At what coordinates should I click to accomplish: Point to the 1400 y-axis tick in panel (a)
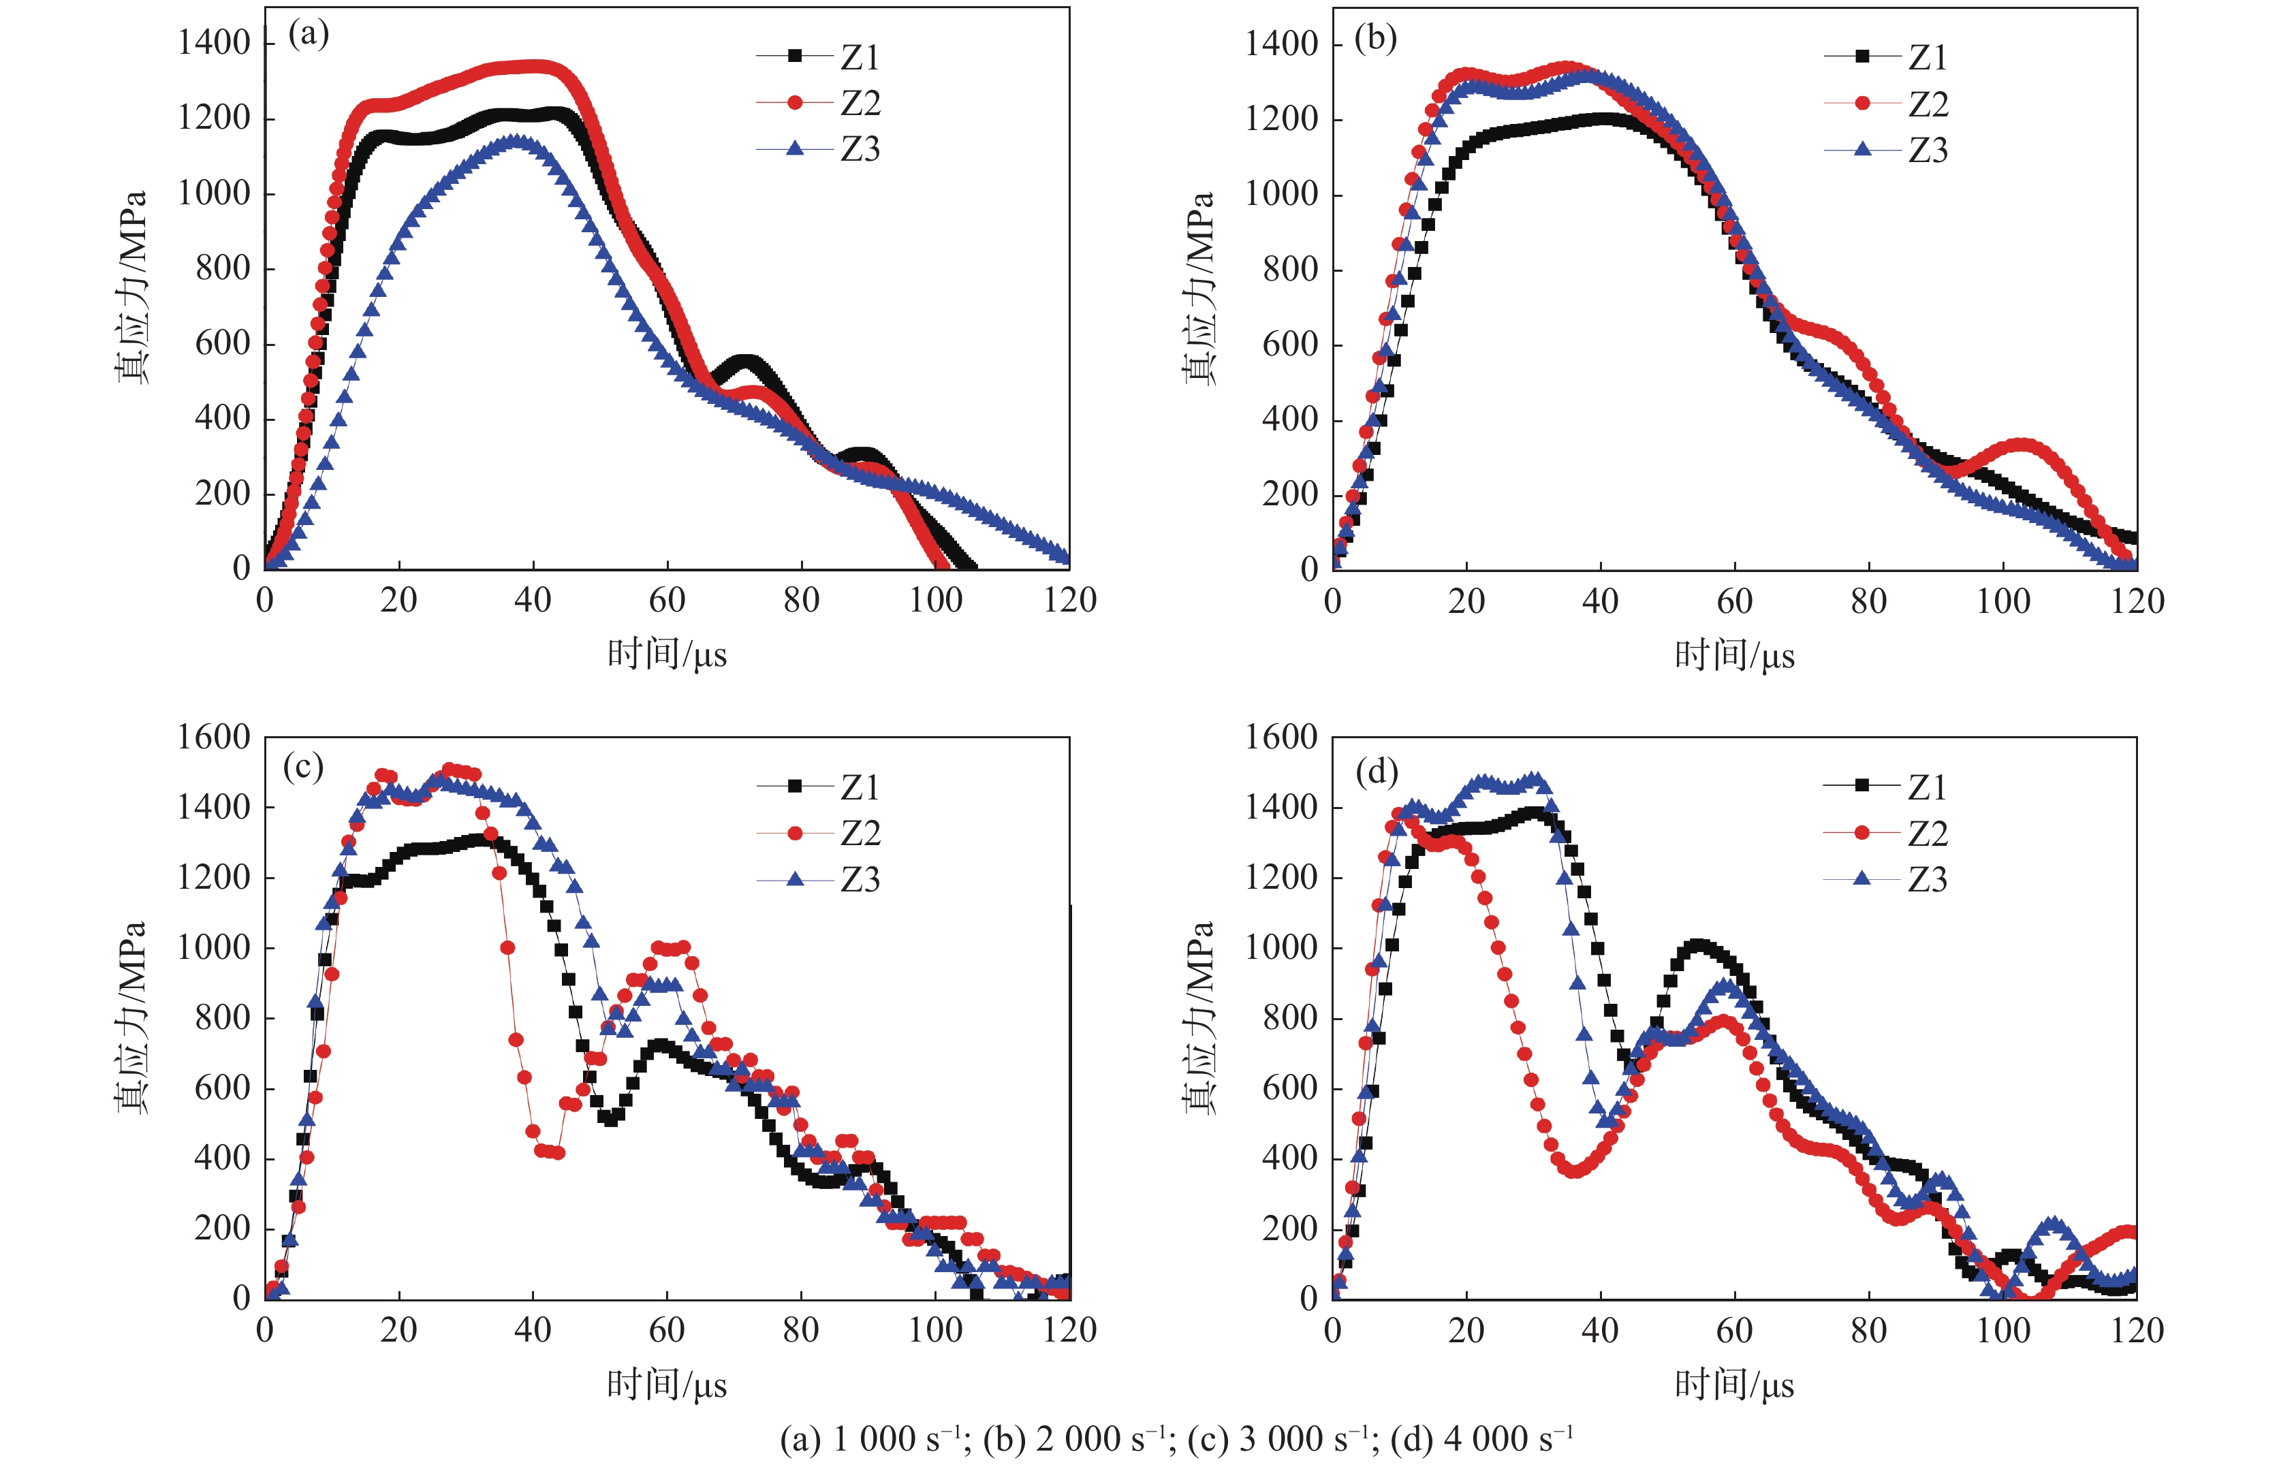(214, 43)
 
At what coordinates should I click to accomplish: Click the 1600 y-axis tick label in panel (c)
(214, 738)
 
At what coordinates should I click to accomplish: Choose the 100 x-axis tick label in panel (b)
(2003, 602)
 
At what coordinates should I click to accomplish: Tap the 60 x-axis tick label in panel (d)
(1735, 1331)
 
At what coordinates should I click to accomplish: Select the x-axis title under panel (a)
(667, 655)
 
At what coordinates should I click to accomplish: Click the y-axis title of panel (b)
(1199, 287)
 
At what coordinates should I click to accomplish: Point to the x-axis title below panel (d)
(1735, 1385)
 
